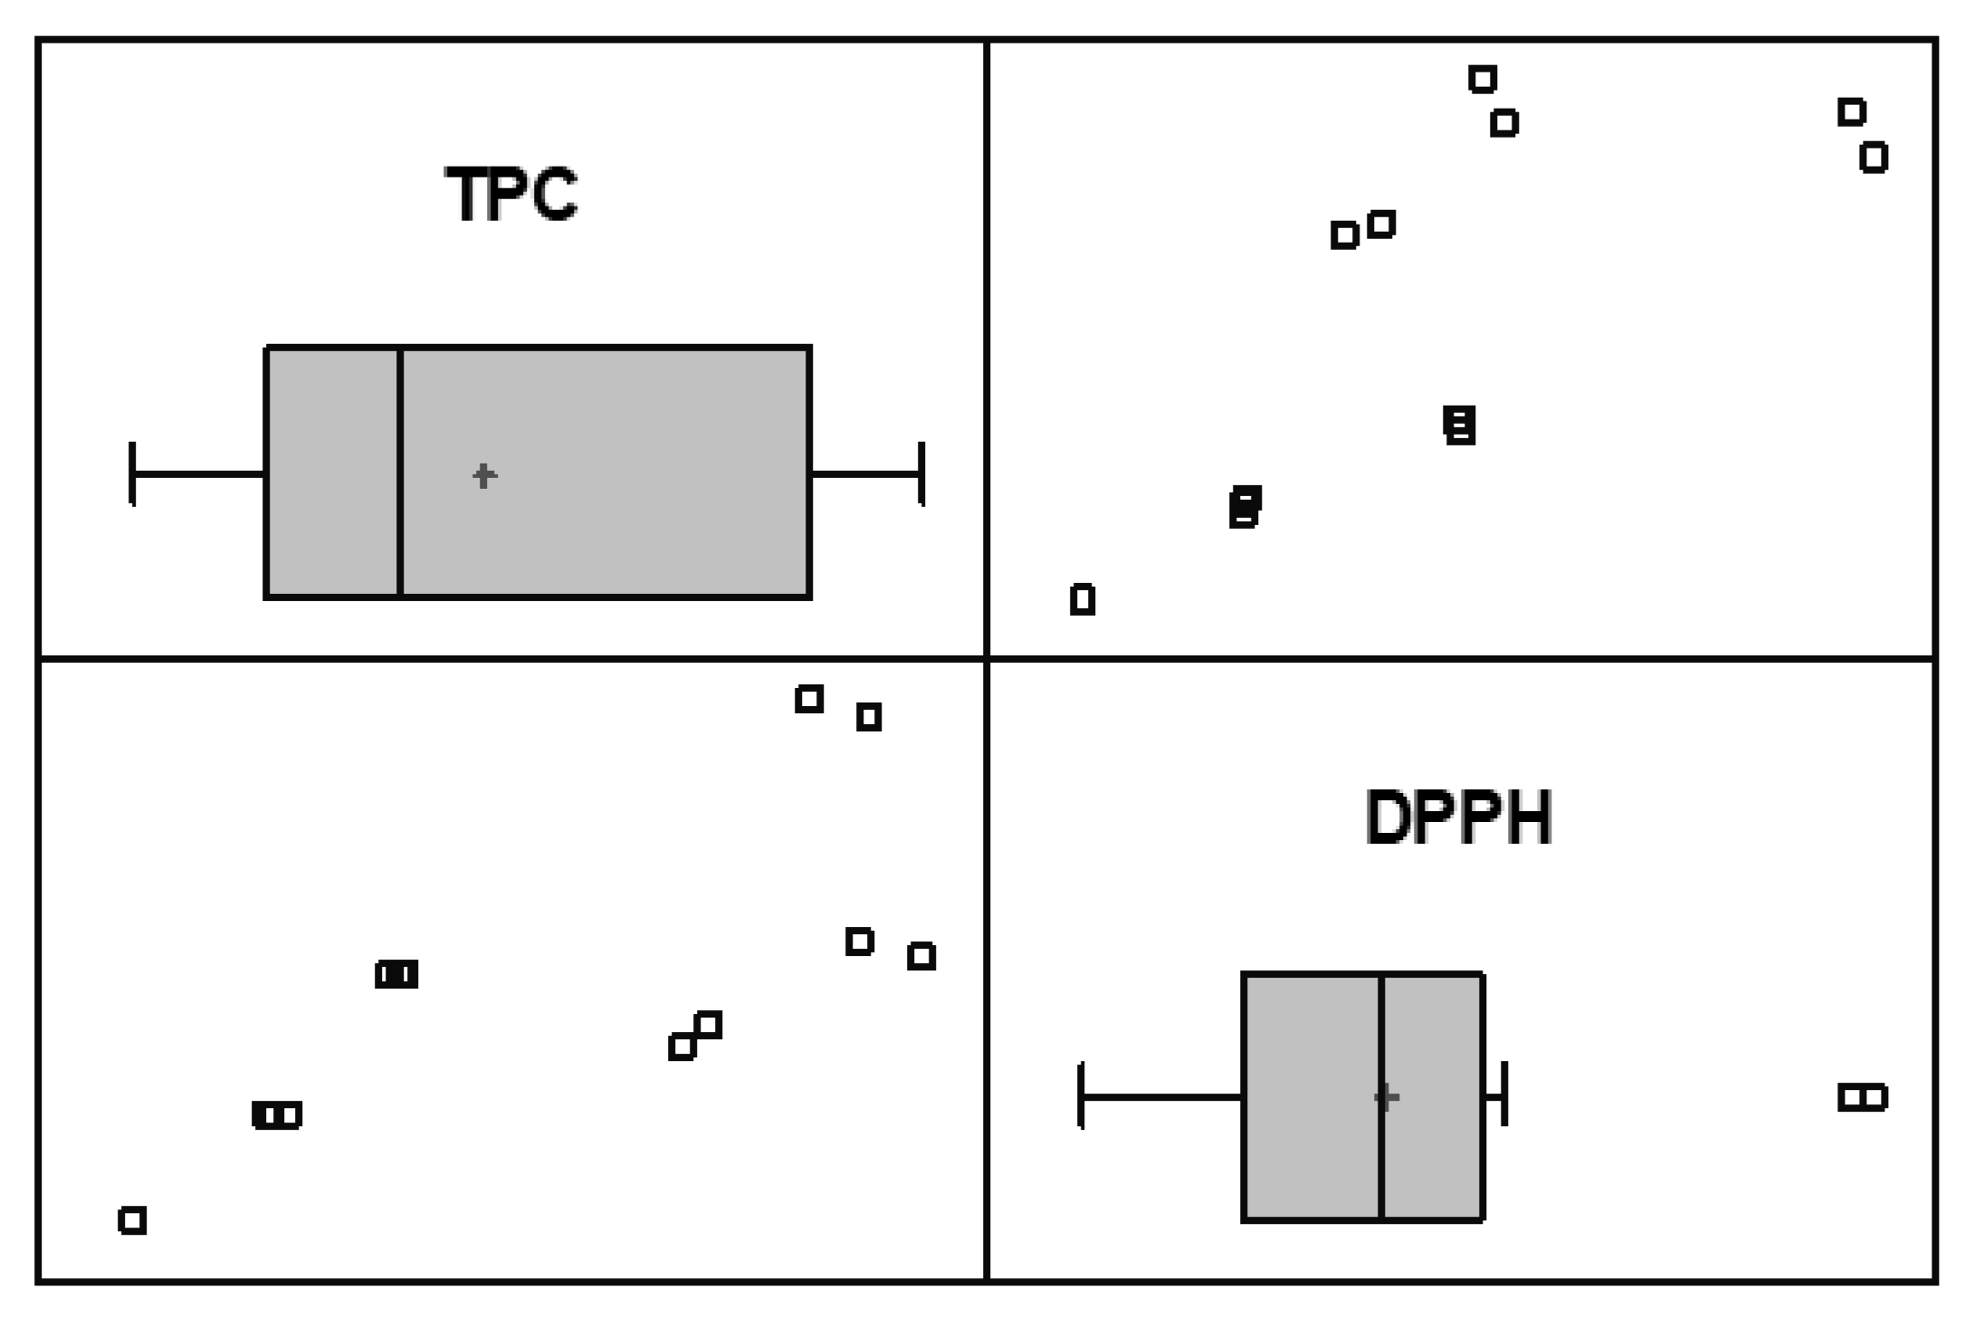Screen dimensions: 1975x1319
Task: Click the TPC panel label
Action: pos(511,194)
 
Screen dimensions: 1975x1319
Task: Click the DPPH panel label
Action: pos(1458,817)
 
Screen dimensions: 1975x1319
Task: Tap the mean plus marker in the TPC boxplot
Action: pos(484,475)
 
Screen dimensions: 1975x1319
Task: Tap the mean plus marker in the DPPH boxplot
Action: pos(1386,1097)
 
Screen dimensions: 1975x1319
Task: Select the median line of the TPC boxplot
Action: pos(400,471)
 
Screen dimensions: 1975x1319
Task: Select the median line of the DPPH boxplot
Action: pos(1381,1097)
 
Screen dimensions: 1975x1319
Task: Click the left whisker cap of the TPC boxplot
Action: pos(133,473)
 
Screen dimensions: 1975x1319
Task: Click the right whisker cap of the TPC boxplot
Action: pos(921,473)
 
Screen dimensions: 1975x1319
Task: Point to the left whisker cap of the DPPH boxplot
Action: pos(1082,1096)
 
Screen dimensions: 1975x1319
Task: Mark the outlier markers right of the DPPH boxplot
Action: pos(1862,1097)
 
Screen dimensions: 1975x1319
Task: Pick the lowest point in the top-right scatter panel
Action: pos(1083,599)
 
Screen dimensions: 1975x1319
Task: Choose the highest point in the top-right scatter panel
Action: pos(1483,79)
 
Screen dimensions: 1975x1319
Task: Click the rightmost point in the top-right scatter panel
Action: pos(1874,158)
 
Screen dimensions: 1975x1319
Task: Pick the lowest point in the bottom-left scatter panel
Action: pos(132,1220)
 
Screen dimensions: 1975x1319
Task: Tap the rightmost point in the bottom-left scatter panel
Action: pos(921,956)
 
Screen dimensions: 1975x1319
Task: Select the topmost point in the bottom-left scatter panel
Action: pos(809,699)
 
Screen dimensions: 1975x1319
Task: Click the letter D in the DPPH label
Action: pos(1389,817)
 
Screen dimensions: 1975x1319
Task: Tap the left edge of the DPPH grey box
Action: pos(1244,1097)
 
